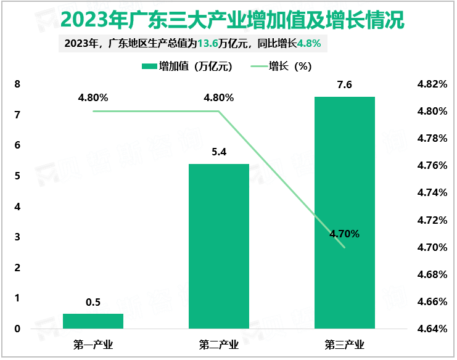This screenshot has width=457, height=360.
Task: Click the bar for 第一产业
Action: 93,321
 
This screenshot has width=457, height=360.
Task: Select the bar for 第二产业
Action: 219,246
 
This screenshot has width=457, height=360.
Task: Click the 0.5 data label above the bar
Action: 93,302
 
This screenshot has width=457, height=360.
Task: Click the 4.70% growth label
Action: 345,234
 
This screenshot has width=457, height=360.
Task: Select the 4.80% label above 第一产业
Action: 93,97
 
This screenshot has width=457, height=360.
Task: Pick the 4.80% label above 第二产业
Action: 219,97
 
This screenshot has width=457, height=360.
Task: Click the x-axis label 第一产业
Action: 93,343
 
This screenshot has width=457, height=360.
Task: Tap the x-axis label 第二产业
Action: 219,343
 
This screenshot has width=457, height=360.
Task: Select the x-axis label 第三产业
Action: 345,343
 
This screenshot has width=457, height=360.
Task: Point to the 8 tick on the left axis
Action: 17,84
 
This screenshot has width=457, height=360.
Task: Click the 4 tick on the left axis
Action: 17,207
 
